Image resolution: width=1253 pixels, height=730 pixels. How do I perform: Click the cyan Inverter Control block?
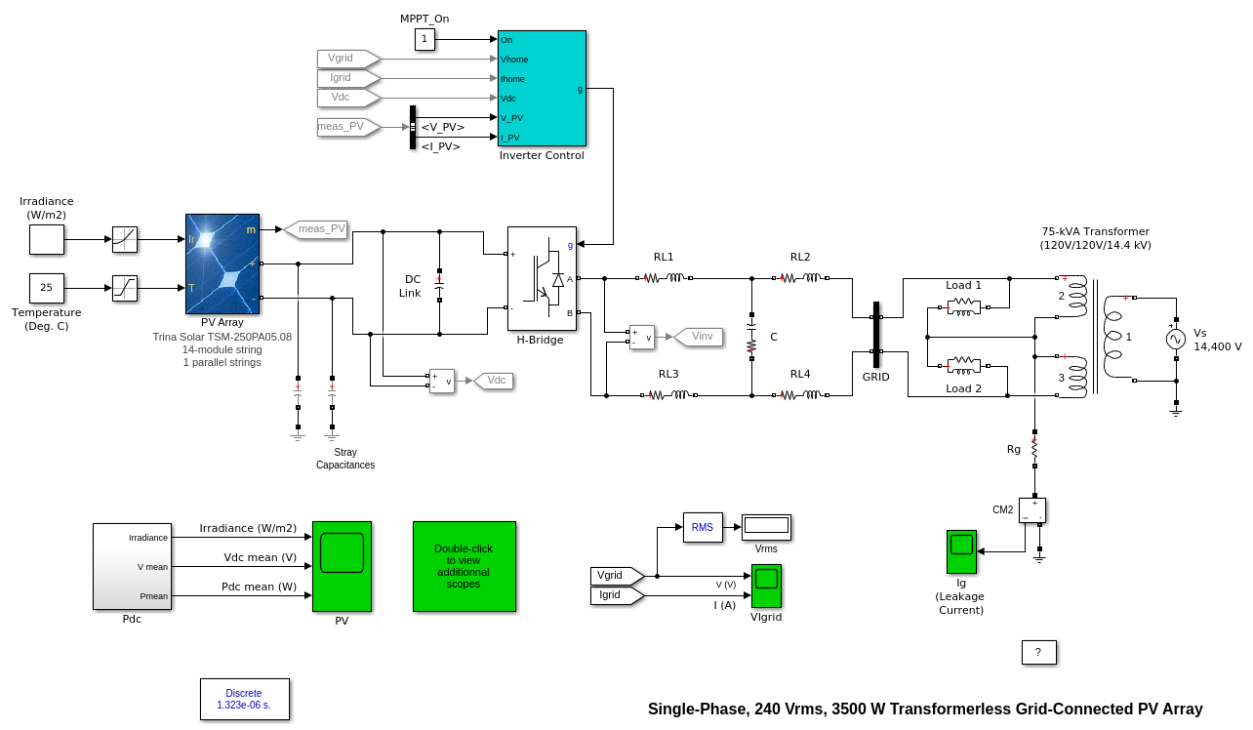pos(542,88)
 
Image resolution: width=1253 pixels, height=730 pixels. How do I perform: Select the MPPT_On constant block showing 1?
pos(424,39)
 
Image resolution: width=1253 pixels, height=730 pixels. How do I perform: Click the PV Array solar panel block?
pos(222,264)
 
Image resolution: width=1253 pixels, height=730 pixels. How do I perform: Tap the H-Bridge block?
pos(542,278)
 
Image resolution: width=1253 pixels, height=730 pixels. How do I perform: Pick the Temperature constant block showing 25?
pos(46,288)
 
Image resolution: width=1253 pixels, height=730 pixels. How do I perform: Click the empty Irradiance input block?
pos(46,239)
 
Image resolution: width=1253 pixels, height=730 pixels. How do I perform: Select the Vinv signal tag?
pos(700,337)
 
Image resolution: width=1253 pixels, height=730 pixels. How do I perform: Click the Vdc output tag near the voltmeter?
pos(495,381)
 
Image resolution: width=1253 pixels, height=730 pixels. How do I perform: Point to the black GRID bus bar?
pos(876,334)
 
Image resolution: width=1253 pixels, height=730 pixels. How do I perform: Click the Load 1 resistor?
pos(963,307)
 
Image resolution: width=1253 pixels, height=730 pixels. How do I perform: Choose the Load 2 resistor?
pos(963,365)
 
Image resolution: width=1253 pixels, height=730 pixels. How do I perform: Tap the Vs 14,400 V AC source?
pos(1176,339)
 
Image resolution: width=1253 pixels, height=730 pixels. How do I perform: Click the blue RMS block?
pos(703,527)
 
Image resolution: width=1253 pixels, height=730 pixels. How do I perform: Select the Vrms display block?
pos(766,527)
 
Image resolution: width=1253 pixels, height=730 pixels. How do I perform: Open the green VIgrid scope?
pos(766,586)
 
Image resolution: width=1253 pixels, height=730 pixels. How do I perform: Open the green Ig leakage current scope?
pos(961,551)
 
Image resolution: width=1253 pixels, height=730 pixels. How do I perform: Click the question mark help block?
pos(1038,652)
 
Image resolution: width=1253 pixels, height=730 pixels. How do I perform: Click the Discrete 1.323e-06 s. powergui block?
pos(245,699)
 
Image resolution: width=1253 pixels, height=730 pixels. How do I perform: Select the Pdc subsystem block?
pos(132,566)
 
